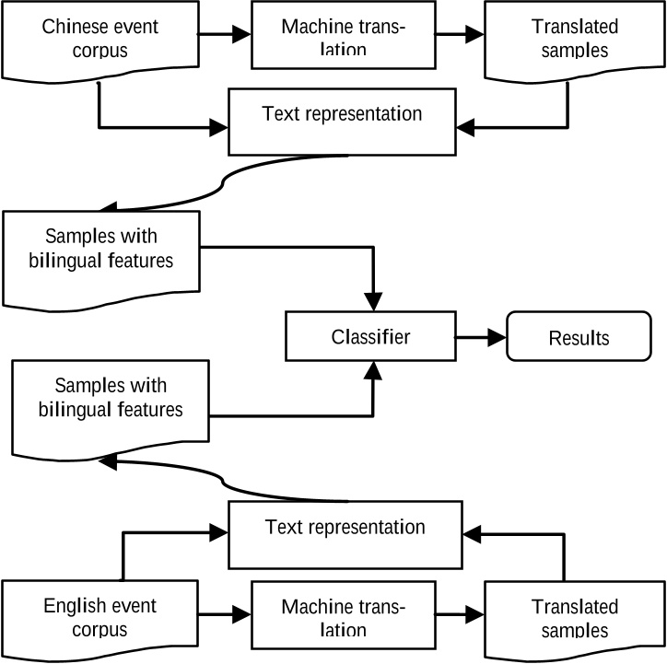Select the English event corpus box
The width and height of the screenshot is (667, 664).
coord(99,617)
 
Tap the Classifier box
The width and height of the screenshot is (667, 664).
coord(371,337)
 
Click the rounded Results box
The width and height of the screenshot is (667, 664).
coord(579,337)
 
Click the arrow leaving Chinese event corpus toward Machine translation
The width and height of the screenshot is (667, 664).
coord(225,36)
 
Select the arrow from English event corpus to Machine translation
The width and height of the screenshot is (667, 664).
coord(225,612)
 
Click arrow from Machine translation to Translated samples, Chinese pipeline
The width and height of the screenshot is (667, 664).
coord(461,36)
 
